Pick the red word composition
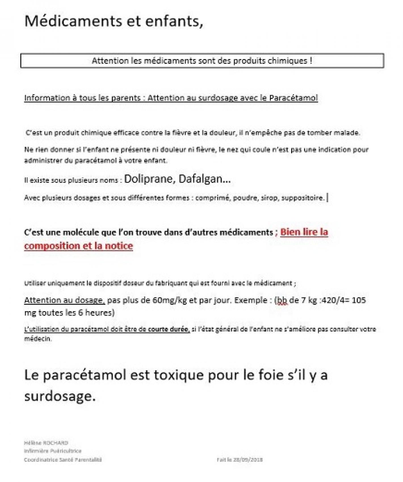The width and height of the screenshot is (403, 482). [x=53, y=246]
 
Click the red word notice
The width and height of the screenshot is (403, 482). [x=119, y=246]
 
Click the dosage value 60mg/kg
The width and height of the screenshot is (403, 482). [x=169, y=300]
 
